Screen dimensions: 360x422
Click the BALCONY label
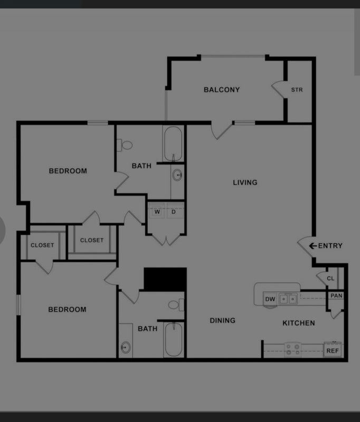[x=222, y=90]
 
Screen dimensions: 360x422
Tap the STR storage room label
[x=297, y=90]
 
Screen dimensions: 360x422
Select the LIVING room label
[x=245, y=183]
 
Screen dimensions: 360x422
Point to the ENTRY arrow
[x=312, y=245]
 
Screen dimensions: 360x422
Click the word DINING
[x=222, y=320]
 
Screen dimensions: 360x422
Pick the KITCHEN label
[x=299, y=323]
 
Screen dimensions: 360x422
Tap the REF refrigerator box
[x=333, y=350]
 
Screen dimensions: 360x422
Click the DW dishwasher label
[x=270, y=299]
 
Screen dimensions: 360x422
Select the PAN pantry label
[x=336, y=295]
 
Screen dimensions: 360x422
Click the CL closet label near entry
[x=330, y=279]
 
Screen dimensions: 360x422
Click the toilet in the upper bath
[x=125, y=146]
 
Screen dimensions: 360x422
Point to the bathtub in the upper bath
[x=173, y=144]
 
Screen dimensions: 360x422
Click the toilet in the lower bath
[x=176, y=305]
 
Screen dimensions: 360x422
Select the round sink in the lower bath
[x=126, y=347]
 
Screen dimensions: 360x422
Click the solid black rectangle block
[x=165, y=279]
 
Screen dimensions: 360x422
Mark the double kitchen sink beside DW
[x=288, y=299]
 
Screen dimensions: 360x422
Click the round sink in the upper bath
[x=177, y=175]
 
